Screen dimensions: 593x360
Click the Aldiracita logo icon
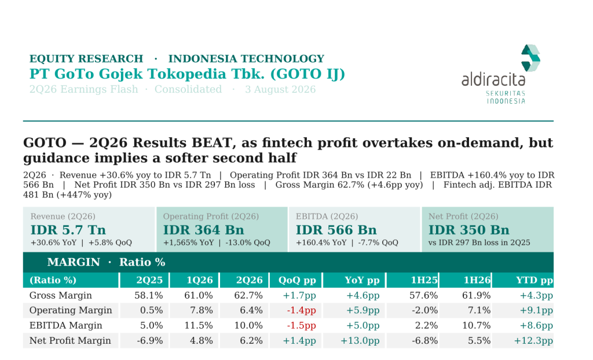pos(530,58)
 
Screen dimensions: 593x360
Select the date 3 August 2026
pos(280,90)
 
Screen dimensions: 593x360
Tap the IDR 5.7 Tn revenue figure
pos(68,230)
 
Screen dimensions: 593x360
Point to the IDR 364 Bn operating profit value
pos(203,230)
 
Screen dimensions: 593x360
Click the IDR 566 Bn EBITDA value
pos(336,230)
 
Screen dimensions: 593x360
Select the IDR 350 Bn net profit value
pos(468,230)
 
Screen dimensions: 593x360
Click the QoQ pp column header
pos(297,280)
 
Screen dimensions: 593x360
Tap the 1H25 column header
pos(424,280)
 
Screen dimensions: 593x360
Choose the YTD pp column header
pos(535,280)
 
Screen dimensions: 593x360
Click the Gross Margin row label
pos(60,295)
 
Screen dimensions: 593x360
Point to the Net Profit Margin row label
pos(70,341)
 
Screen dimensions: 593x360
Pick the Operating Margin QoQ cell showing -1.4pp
pos(301,310)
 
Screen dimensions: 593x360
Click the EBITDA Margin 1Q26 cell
pos(199,326)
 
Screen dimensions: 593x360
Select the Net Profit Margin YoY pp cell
pos(360,341)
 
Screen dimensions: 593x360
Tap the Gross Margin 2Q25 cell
pos(149,295)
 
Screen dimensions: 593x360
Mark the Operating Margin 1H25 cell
pos(424,310)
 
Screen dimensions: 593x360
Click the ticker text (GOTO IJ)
pos(308,74)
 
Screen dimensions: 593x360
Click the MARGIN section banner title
pos(107,262)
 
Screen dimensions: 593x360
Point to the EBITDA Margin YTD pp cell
pos(536,326)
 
